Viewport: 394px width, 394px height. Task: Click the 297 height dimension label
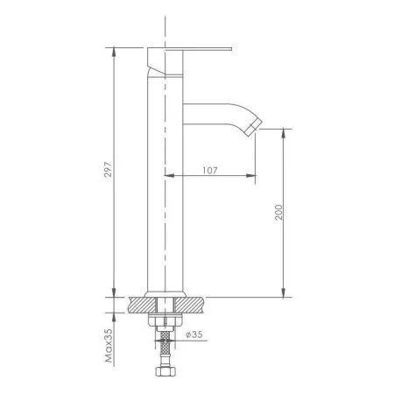[108, 169]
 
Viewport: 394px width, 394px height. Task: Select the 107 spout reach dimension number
[210, 170]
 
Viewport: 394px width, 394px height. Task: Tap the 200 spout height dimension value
[278, 212]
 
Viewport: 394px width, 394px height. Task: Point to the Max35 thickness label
[109, 346]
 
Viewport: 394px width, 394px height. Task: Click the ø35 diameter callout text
[194, 334]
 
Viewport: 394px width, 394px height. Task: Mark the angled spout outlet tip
[253, 128]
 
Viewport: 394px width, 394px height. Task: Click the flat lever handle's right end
[231, 49]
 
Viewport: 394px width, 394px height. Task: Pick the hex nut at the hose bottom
[165, 371]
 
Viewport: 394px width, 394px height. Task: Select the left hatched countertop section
[142, 305]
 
